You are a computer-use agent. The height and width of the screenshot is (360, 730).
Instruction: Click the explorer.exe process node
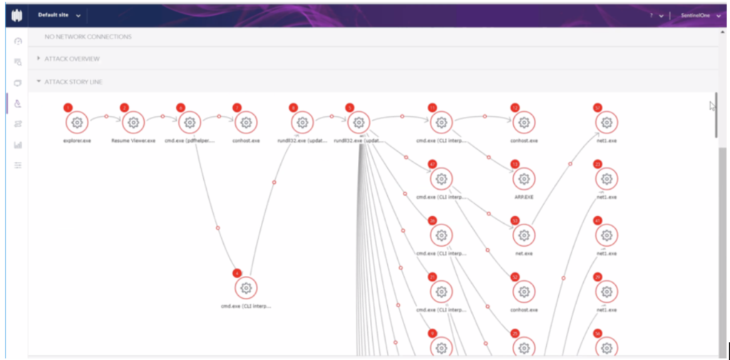pyautogui.click(x=77, y=123)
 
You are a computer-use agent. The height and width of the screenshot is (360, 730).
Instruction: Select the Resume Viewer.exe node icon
pyautogui.click(x=133, y=123)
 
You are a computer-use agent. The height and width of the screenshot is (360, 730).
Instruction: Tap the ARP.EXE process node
pyautogui.click(x=524, y=178)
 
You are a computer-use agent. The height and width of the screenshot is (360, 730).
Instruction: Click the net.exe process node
pyautogui.click(x=524, y=235)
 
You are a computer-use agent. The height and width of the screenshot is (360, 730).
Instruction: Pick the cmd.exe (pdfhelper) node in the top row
pyautogui.click(x=190, y=123)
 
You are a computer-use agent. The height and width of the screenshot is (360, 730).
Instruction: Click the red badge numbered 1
pyautogui.click(x=68, y=108)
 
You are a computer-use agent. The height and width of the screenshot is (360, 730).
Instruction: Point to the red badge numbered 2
pyautogui.click(x=124, y=108)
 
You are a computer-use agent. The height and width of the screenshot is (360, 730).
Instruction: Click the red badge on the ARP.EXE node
pyautogui.click(x=515, y=164)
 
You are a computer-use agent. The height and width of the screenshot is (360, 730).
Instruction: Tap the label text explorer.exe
pyautogui.click(x=77, y=140)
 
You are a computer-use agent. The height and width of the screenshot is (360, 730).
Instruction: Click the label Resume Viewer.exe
pyautogui.click(x=133, y=140)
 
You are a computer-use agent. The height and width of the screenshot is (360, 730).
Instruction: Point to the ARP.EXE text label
pyautogui.click(x=524, y=197)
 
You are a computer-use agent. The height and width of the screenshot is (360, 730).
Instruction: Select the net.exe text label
pyautogui.click(x=524, y=252)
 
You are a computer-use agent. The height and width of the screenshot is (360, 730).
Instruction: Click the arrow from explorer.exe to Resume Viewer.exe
pyautogui.click(x=106, y=116)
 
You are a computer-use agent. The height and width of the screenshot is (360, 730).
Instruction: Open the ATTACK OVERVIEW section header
pyautogui.click(x=72, y=58)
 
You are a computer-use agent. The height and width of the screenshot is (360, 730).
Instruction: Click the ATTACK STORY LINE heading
pyautogui.click(x=73, y=82)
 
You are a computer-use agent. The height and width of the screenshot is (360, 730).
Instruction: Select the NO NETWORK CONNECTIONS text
pyautogui.click(x=88, y=36)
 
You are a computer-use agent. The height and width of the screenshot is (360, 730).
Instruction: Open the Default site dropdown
pyautogui.click(x=59, y=15)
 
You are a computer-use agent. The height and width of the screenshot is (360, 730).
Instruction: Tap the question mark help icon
pyautogui.click(x=652, y=15)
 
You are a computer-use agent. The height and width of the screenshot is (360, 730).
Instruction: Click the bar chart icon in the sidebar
pyautogui.click(x=18, y=145)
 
